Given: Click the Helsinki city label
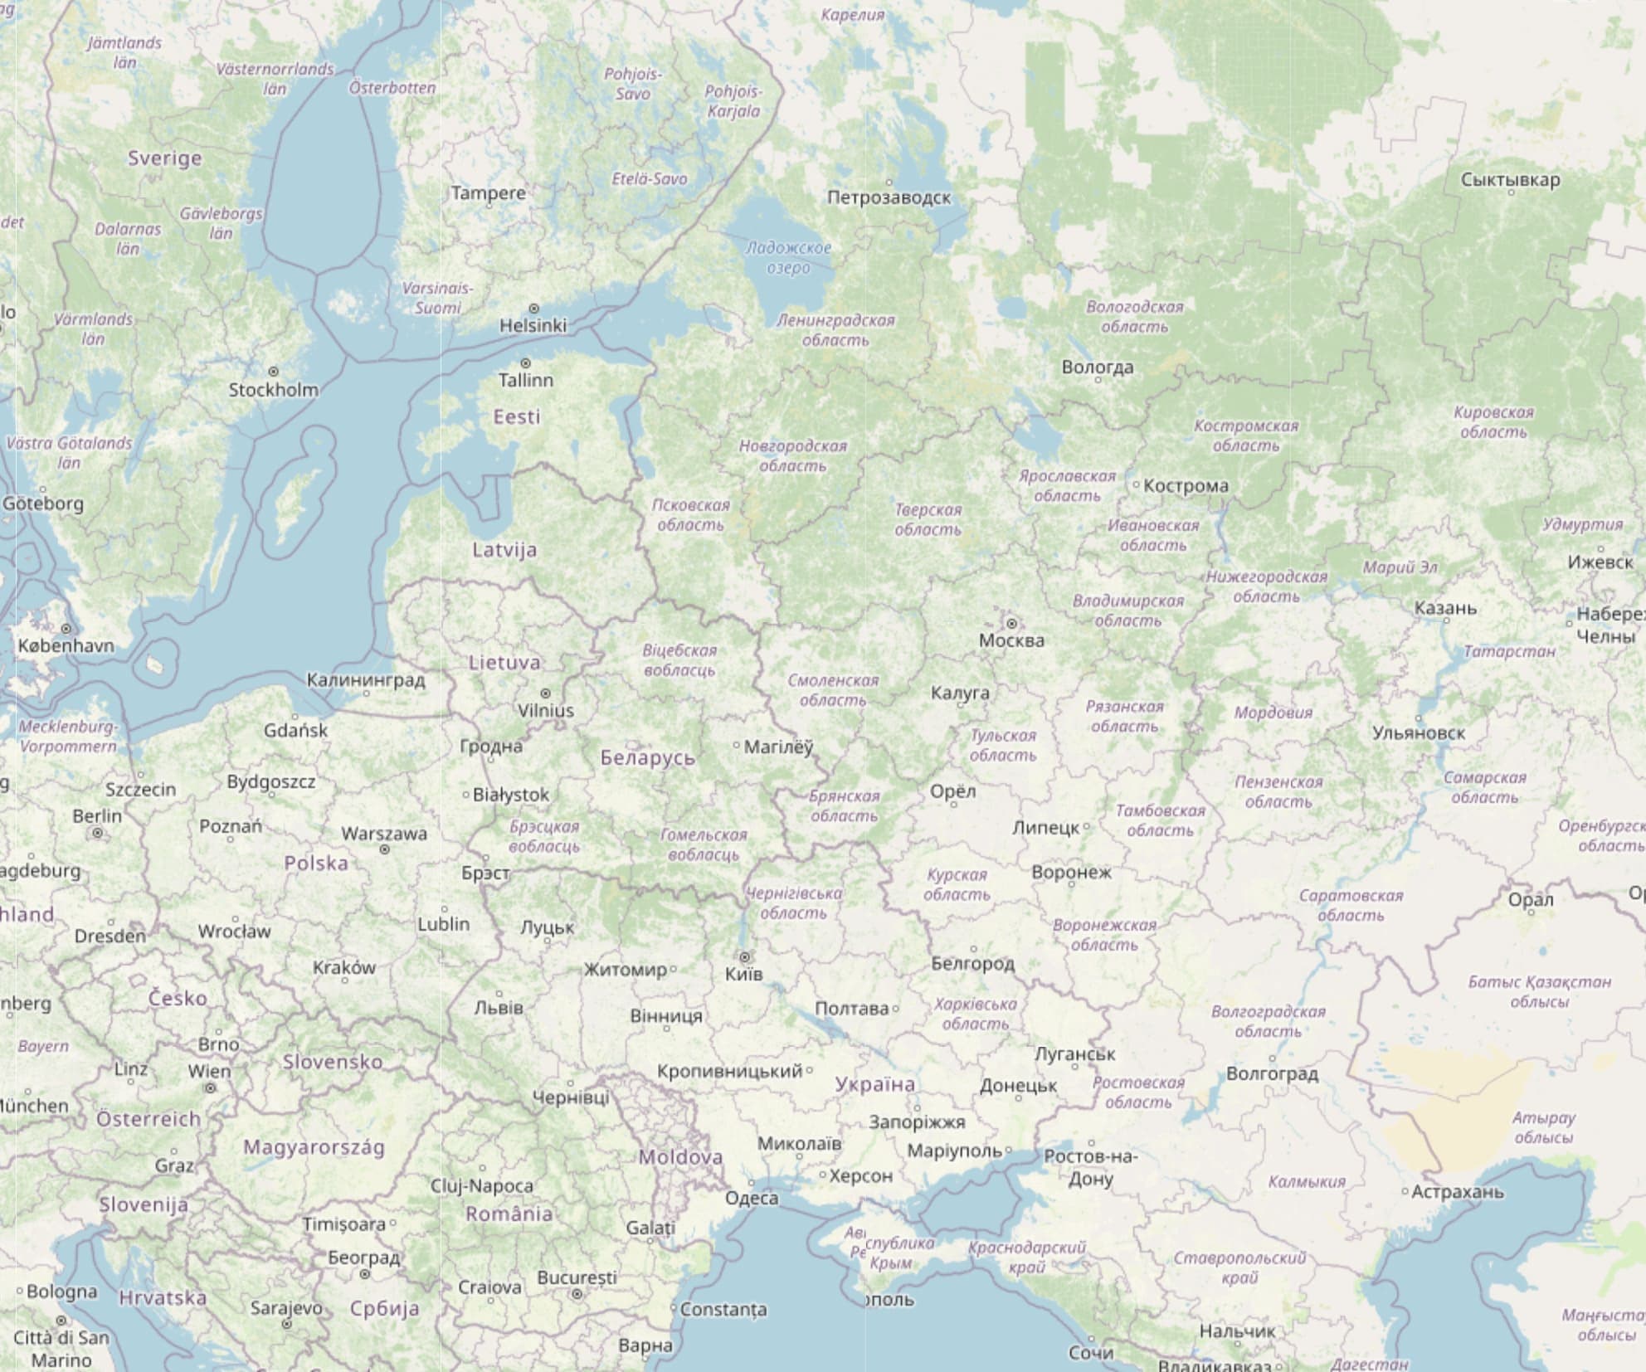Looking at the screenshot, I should tap(533, 325).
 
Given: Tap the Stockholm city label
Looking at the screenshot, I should tap(273, 389).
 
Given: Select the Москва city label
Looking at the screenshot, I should tap(1011, 640).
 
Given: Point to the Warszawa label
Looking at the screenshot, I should tap(384, 833).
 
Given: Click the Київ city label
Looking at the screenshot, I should tap(743, 974).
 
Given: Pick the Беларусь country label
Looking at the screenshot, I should tap(648, 757).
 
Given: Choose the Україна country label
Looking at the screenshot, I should tap(875, 1083).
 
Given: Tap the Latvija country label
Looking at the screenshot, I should tap(504, 549).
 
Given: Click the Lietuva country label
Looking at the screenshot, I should tap(504, 662).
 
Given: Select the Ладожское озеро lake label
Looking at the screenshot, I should tap(788, 257).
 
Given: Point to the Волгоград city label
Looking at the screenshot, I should tap(1272, 1073).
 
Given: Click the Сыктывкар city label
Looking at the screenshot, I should tap(1510, 179).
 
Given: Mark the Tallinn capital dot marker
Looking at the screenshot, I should tap(525, 363).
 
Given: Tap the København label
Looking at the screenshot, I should tap(66, 645).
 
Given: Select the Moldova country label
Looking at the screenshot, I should tap(680, 1156).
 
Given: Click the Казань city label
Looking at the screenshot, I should tap(1445, 608).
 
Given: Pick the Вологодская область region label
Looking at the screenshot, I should tap(1134, 316).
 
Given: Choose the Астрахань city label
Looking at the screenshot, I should tap(1458, 1192).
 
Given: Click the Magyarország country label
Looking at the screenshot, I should tap(314, 1147).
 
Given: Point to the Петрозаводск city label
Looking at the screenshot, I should tap(889, 197).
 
